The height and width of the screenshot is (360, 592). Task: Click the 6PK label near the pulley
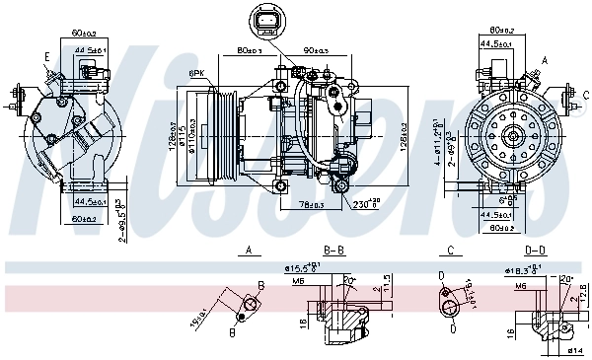[x=196, y=74]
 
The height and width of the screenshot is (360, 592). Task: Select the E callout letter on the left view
[x=46, y=57]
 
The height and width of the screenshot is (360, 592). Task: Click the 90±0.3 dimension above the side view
[x=316, y=48]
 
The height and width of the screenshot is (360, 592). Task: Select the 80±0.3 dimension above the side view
[x=250, y=48]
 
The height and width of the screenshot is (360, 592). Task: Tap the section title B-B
[x=335, y=251]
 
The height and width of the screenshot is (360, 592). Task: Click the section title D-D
[x=536, y=251]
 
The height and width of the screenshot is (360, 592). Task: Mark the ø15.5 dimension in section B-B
[x=303, y=267]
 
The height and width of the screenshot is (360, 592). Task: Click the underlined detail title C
[x=449, y=251]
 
